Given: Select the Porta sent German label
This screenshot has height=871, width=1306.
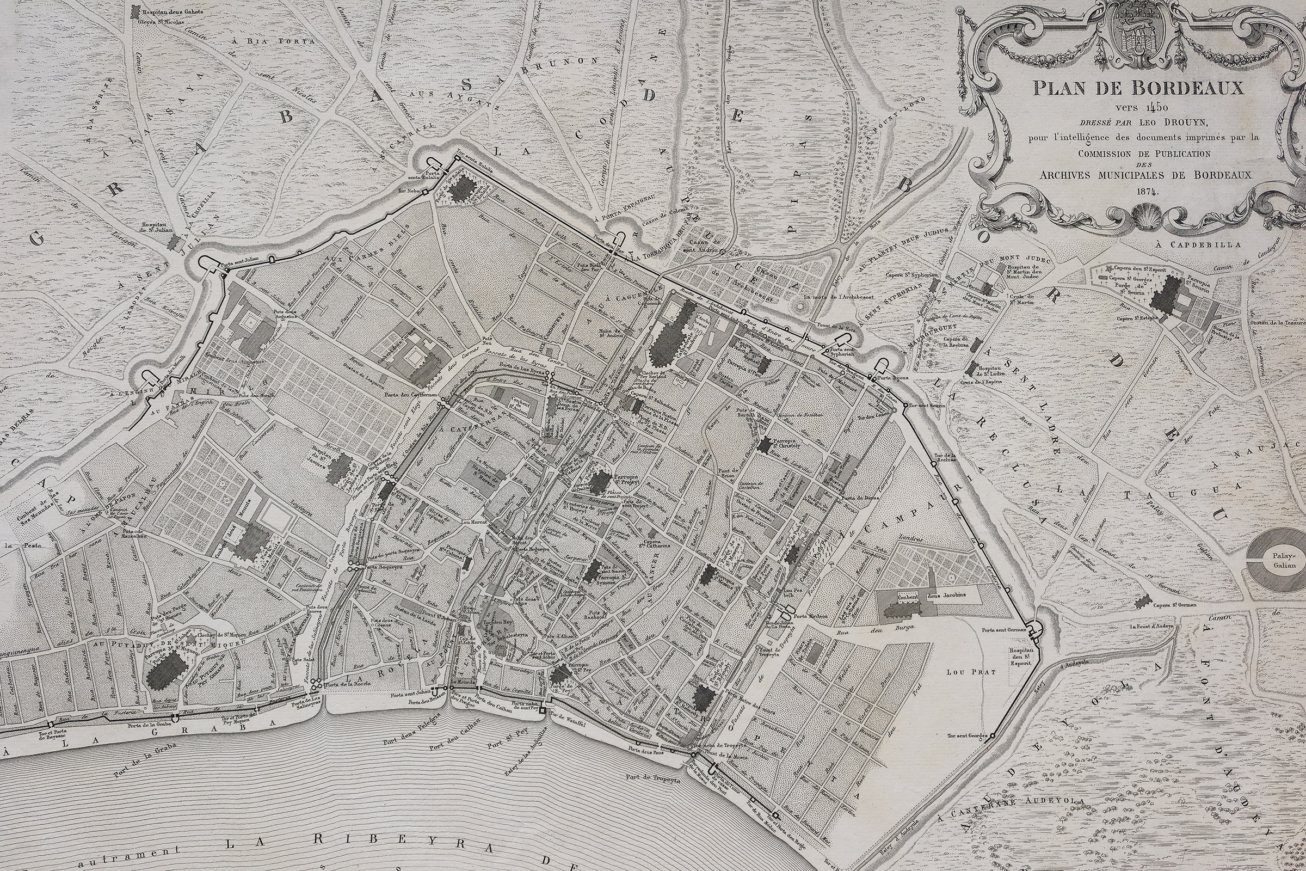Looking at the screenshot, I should click(1003, 630).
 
